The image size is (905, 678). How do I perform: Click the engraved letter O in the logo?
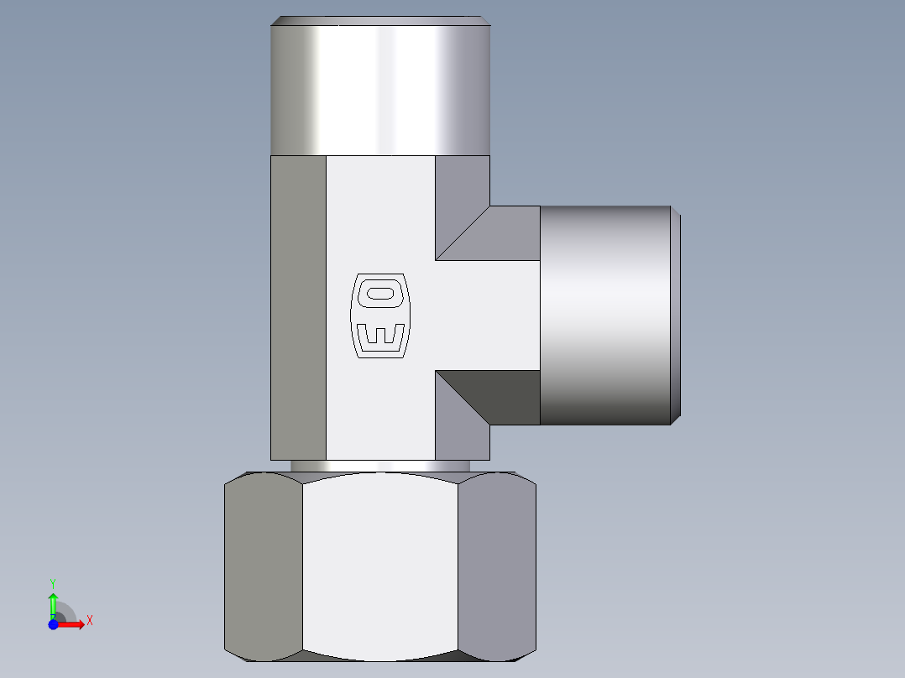[380, 293]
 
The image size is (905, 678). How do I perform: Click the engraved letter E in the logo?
[380, 336]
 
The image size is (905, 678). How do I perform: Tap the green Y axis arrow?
[53, 602]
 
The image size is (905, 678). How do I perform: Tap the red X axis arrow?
[74, 623]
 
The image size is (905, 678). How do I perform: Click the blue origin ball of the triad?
[53, 624]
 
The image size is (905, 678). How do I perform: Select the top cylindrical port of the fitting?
[379, 88]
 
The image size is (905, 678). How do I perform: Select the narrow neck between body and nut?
[379, 466]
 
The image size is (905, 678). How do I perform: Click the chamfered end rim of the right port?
[676, 315]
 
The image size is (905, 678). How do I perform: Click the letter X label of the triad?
[90, 621]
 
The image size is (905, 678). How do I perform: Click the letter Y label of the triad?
[52, 582]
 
